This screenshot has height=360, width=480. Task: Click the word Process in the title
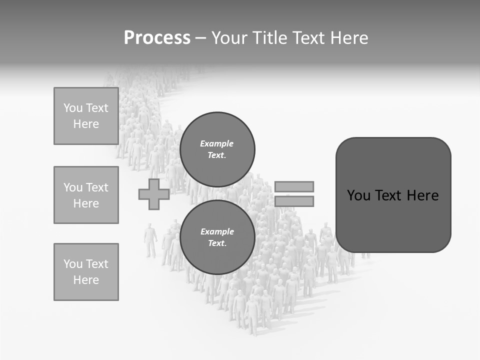pos(157,38)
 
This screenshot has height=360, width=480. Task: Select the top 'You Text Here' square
pos(86,116)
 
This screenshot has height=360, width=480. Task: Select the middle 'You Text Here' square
pos(86,195)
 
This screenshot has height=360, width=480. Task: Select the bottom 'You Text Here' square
pos(86,272)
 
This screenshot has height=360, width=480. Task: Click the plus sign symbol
pos(154,194)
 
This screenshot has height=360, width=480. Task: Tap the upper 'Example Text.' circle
pos(217,149)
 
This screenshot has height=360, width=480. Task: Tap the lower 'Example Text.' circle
pos(217,237)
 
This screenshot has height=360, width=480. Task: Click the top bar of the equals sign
pos(294,186)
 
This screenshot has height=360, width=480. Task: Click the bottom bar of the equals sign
pos(294,201)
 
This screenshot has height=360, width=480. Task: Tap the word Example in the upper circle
pos(216,143)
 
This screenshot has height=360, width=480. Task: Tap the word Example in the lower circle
pos(217,231)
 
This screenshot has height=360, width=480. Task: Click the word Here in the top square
pos(86,124)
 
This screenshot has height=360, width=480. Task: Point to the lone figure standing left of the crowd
pos(150,240)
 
